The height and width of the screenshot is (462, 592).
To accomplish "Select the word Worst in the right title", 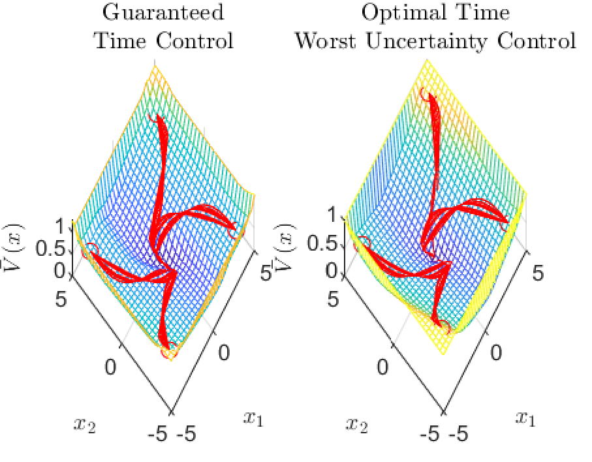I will point(324,41).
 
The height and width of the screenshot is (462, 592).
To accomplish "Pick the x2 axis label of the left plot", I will point(83,425).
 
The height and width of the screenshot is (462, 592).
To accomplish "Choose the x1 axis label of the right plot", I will point(525,417).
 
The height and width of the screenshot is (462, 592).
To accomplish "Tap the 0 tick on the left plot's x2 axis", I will point(110,367).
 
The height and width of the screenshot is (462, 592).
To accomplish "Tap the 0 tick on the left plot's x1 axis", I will point(224,353).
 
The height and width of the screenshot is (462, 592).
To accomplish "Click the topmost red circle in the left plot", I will point(154,118).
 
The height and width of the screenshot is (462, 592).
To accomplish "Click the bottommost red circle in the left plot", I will point(168,353).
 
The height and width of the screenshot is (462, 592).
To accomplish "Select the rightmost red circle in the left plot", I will point(234,232).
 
